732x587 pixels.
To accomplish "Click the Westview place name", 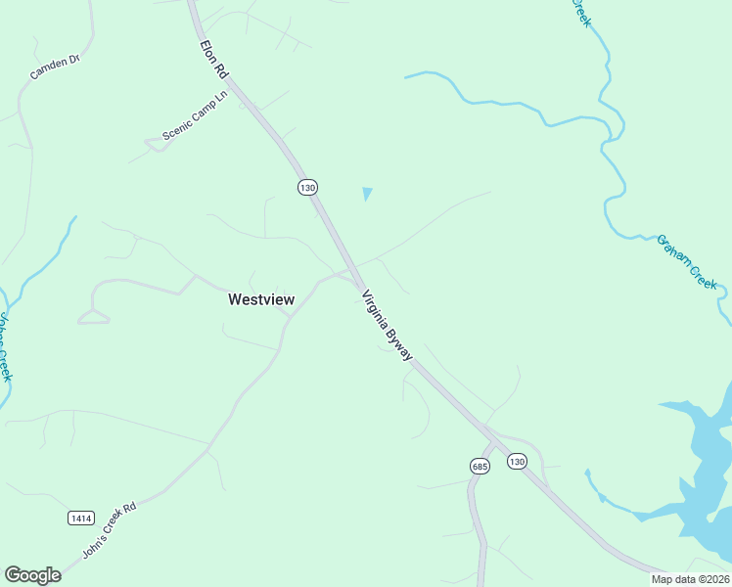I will (260, 300).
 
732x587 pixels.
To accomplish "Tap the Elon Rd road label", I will (214, 62).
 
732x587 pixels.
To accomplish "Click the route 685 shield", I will (479, 467).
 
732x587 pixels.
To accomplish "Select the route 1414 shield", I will (81, 517).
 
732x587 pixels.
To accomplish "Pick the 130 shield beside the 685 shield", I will (517, 461).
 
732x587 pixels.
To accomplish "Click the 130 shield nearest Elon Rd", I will (307, 186).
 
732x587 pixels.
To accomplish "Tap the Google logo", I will (32, 575).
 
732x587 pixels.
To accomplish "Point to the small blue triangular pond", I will (367, 194).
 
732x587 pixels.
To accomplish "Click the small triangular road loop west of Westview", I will (93, 316).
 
